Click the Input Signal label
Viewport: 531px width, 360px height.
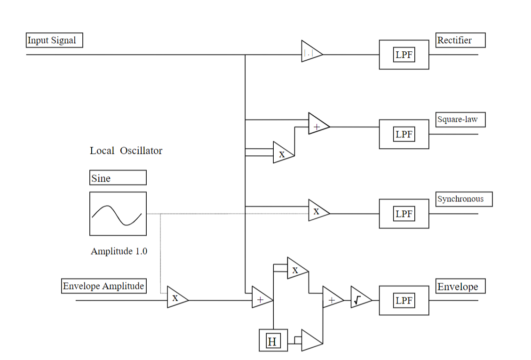click(x=54, y=40)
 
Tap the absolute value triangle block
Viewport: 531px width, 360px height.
click(x=310, y=54)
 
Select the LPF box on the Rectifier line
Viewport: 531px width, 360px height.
click(x=404, y=55)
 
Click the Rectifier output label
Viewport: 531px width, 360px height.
click(x=460, y=40)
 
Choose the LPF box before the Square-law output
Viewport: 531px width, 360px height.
click(x=404, y=134)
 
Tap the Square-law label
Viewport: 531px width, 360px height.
click(x=460, y=120)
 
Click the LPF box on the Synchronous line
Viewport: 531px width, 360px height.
click(x=404, y=214)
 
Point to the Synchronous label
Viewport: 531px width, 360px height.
click(x=464, y=199)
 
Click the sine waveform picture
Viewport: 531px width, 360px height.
click(x=118, y=214)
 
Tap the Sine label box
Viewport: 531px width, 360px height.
click(x=118, y=178)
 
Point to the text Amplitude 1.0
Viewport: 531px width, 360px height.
click(x=119, y=251)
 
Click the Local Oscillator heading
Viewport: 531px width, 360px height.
click(x=126, y=151)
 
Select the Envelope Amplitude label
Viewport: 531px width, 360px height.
click(x=104, y=286)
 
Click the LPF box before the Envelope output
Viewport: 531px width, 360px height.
click(x=404, y=300)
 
